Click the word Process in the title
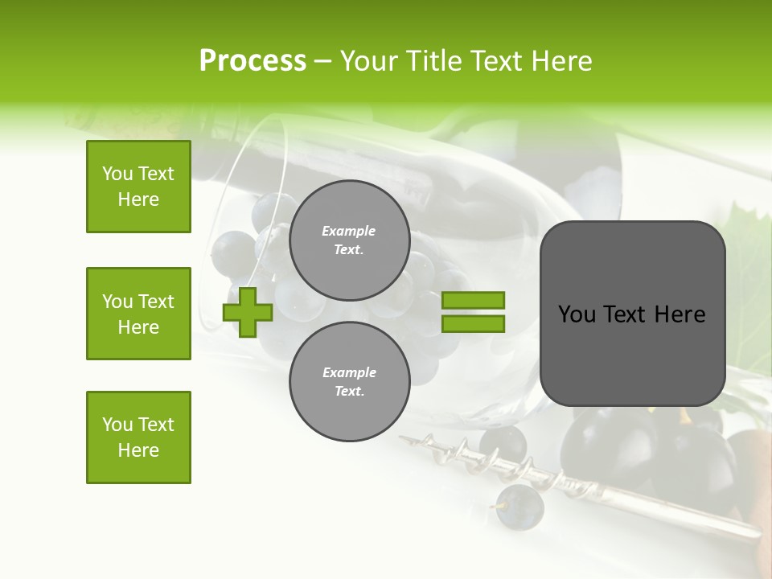point(253,61)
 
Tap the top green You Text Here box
point(138,187)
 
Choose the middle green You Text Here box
point(138,314)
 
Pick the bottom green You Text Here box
point(138,437)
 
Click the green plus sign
point(248,311)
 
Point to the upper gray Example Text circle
point(349,240)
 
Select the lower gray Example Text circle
point(349,381)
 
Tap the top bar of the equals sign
point(473,300)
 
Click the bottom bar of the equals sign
point(473,323)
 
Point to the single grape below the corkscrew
point(519,507)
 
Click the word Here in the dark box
point(680,314)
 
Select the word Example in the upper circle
point(349,231)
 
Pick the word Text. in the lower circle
point(349,392)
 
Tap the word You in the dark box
point(577,314)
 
